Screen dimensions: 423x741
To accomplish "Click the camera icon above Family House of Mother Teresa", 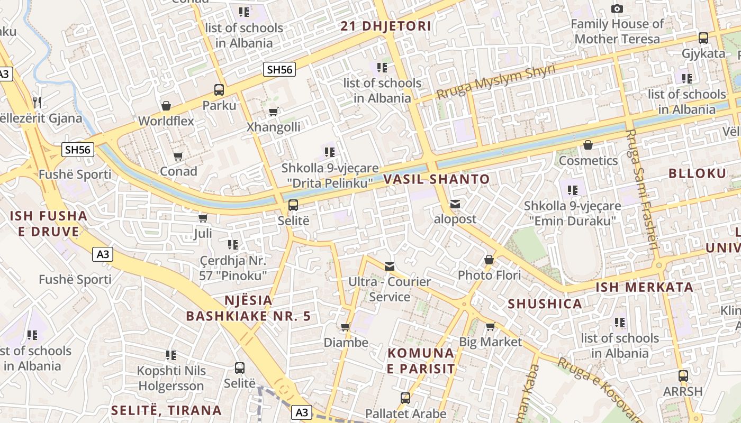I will (617, 8).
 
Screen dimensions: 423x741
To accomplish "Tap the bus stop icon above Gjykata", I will (703, 38).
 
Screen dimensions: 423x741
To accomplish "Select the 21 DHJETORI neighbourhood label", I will (385, 26).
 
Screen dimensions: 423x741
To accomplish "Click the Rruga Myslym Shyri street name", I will (496, 81).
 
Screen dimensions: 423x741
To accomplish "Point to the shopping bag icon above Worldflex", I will (166, 106).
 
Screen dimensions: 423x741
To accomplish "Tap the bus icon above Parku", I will (219, 90).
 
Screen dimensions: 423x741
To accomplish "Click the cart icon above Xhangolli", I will (274, 112).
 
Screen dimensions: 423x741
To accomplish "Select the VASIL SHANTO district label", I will (437, 179).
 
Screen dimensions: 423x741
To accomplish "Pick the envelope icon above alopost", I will (455, 204).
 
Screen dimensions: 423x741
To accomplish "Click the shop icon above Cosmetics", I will (588, 145).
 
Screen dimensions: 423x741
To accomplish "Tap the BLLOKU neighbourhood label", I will (697, 173).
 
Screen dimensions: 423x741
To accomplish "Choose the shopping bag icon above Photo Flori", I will (489, 260).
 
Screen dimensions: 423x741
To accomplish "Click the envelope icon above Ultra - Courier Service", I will (390, 266).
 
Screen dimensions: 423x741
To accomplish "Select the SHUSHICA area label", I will (545, 304).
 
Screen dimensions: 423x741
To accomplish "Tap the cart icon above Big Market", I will (490, 327).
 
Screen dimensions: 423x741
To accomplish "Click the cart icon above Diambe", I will (346, 327).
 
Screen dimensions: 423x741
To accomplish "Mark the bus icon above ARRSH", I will (683, 376).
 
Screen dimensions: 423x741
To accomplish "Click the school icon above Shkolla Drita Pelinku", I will (330, 153).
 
